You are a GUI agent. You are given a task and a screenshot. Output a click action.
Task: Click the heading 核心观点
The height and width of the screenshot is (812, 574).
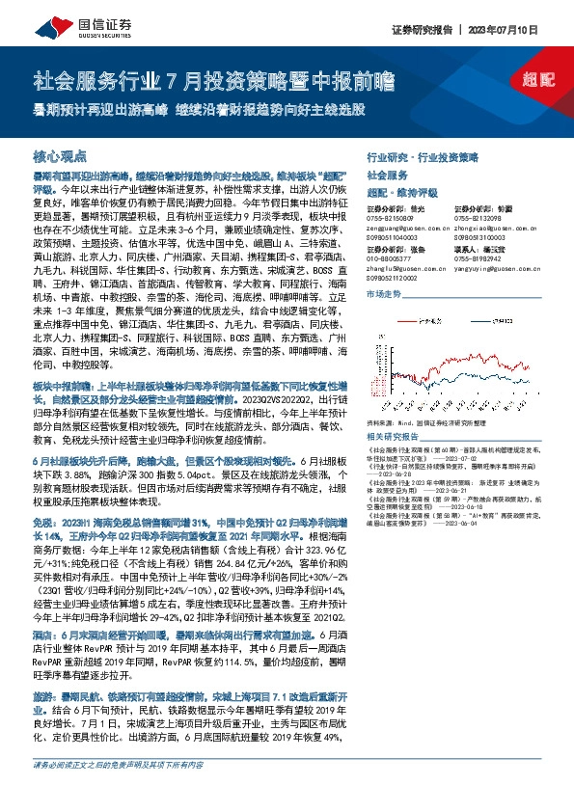tap(60, 154)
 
